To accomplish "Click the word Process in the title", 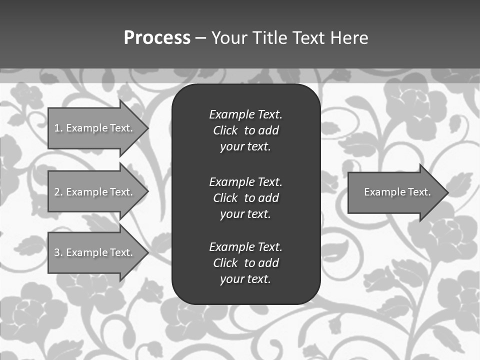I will pos(157,38).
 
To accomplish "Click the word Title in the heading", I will pos(270,38).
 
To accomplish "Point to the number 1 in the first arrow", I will pos(57,128).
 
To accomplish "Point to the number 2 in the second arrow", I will pos(57,192).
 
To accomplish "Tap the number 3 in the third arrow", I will pos(57,252).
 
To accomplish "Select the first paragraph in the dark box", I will pos(245,130).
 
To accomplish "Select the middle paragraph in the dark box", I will pos(245,198).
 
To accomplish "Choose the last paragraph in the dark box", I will pos(245,263).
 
